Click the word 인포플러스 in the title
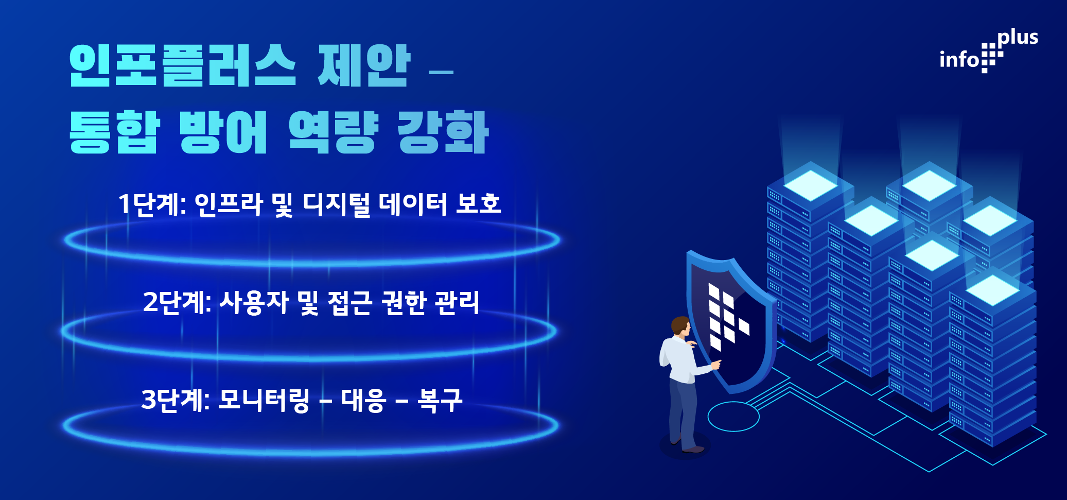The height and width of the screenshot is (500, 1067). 183,65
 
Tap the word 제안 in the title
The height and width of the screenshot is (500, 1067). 364,65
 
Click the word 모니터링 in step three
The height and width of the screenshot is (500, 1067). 264,400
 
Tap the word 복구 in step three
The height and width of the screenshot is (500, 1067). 440,400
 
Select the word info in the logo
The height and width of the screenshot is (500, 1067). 959,59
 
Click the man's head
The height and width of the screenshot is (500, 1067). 680,326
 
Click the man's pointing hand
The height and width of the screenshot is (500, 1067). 715,365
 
